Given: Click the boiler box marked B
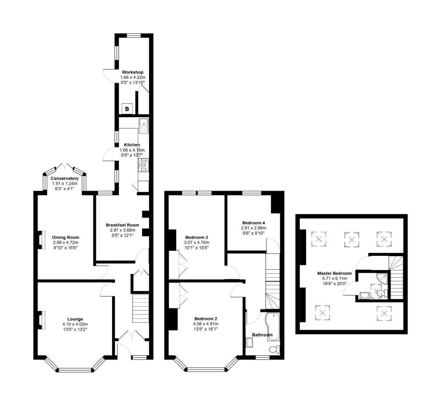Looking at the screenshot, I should pos(127,109).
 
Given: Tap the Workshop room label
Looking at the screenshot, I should pos(132,72).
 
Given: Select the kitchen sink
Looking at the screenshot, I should pos(144,126).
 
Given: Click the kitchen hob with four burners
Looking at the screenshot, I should pos(143,165).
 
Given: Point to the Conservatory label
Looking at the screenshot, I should pos(64,178).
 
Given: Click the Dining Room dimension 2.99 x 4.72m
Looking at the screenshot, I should pos(65,242).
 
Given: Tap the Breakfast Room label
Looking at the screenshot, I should pos(123,225).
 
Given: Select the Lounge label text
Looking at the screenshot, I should pos(75,319).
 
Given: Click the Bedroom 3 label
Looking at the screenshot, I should pos(197,237).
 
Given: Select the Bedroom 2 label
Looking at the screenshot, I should pos(205,318).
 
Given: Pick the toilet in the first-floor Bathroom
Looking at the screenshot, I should pos(274,349).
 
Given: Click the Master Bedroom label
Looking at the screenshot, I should pos(334,273).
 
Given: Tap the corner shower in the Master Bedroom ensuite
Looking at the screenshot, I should pos(382,278).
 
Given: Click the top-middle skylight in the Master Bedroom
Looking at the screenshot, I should pos(351,239).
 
